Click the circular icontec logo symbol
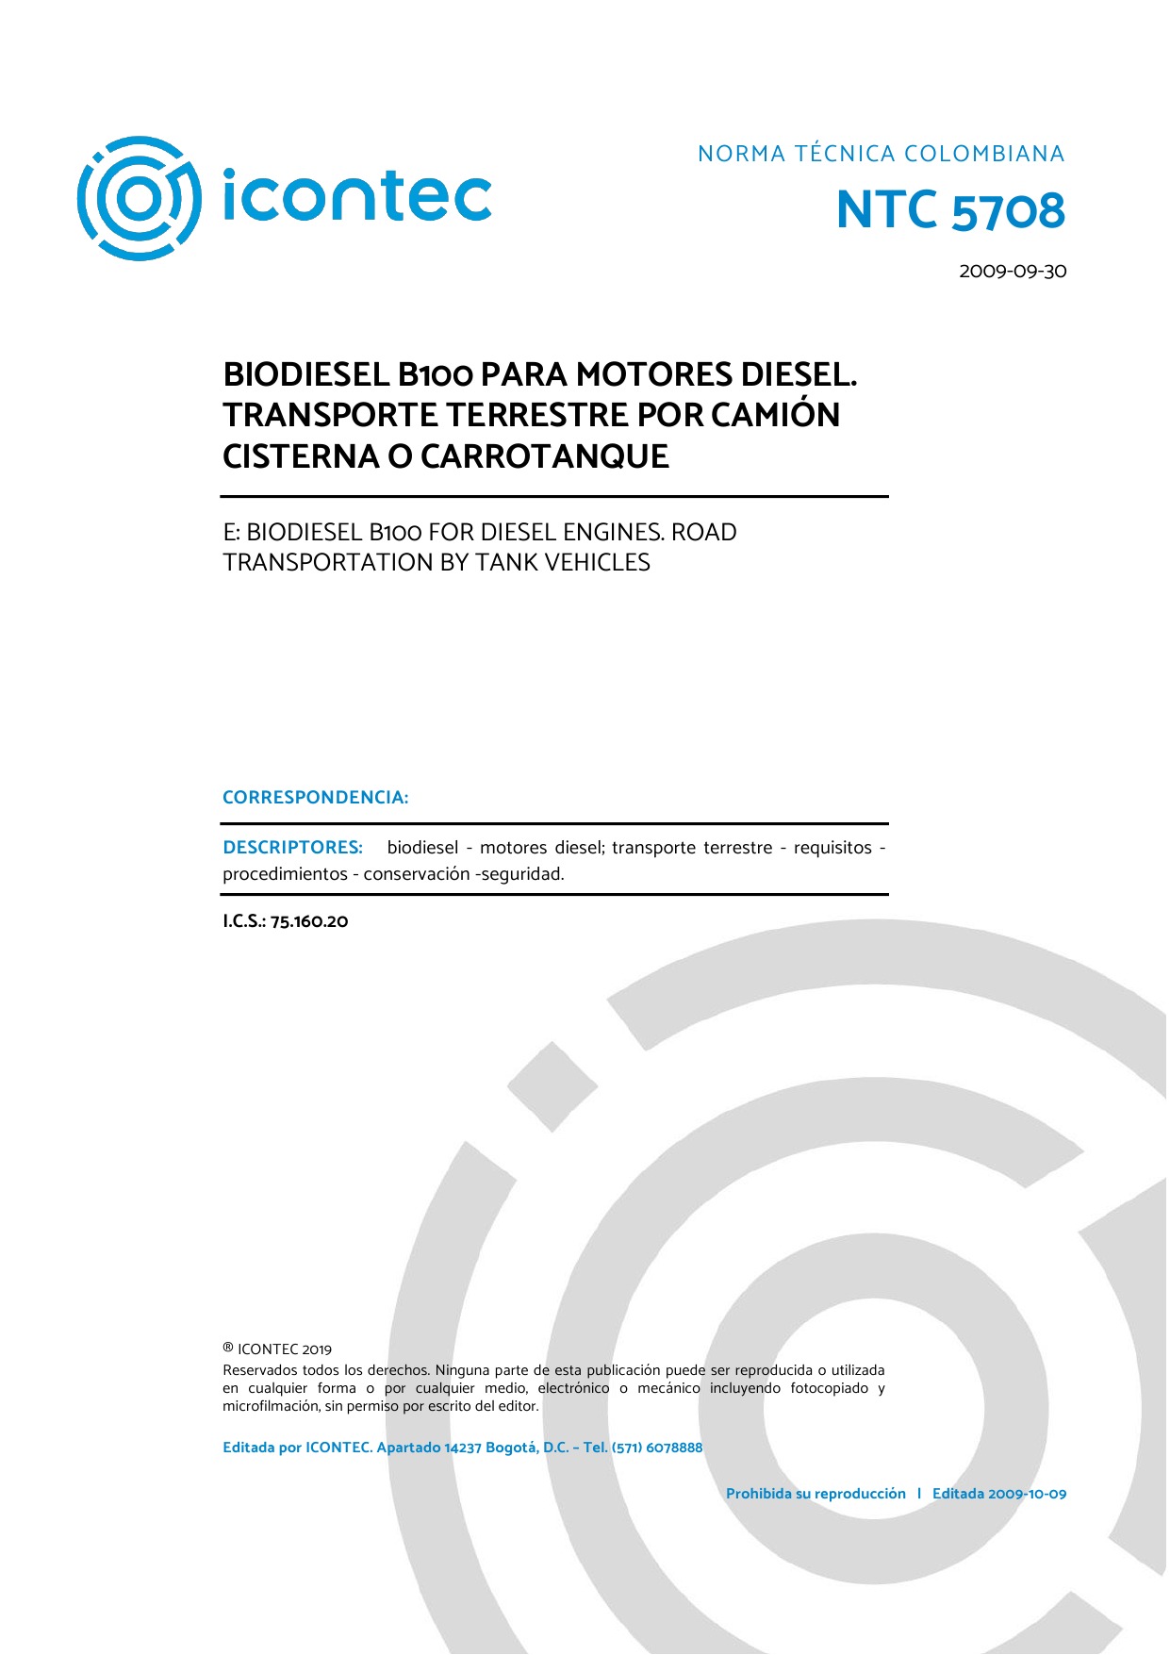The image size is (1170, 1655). click(x=139, y=198)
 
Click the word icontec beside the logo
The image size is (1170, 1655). click(x=356, y=195)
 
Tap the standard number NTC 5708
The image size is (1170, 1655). click(x=950, y=210)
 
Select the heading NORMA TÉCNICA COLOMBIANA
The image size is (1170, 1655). click(x=881, y=154)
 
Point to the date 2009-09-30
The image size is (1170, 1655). click(x=1013, y=272)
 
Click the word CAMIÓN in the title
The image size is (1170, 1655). click(x=775, y=415)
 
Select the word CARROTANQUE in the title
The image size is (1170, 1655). click(x=544, y=456)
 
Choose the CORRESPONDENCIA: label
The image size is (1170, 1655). click(x=315, y=798)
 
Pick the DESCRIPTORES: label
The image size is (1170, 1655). click(x=292, y=848)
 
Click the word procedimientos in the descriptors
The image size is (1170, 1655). click(x=285, y=874)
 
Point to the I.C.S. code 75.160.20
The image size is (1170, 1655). click(x=286, y=921)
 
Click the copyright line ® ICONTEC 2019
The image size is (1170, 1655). click(x=277, y=1349)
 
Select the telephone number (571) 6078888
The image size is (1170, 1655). click(x=657, y=1448)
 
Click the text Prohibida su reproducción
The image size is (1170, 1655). click(x=815, y=1494)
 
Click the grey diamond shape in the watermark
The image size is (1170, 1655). click(x=552, y=1087)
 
